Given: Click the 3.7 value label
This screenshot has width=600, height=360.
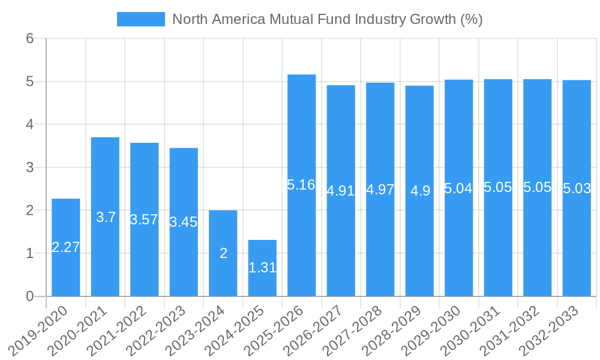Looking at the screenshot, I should click(106, 217).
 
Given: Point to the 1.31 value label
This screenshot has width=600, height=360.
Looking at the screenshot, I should click(262, 268).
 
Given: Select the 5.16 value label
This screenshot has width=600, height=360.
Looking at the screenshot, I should click(301, 185).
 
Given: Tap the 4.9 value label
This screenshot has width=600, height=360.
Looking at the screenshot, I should click(420, 191).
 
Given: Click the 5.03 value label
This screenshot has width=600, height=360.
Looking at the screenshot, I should click(577, 188).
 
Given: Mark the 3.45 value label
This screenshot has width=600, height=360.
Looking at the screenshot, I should click(184, 222).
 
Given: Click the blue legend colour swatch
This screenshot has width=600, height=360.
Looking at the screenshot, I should click(140, 19).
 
